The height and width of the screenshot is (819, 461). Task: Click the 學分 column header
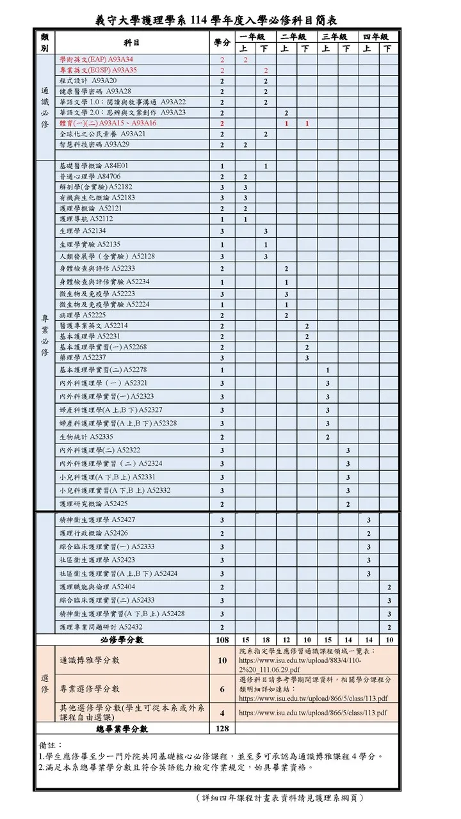click(222, 43)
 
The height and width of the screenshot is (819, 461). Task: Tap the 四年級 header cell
click(376, 37)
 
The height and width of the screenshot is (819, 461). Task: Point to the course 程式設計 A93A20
click(88, 81)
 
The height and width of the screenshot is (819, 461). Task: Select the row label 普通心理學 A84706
click(90, 177)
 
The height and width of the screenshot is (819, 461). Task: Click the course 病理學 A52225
click(83, 315)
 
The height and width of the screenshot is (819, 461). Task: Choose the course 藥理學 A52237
click(83, 357)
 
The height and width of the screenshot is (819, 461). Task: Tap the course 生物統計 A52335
click(86, 437)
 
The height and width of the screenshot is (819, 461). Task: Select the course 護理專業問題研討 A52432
click(101, 627)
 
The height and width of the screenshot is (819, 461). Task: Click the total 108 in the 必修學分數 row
click(222, 640)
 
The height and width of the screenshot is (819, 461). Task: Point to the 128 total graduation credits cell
click(222, 729)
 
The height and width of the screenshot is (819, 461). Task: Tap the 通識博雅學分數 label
click(90, 660)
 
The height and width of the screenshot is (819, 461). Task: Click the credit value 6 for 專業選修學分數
click(222, 689)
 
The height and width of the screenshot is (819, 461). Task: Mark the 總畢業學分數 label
click(122, 729)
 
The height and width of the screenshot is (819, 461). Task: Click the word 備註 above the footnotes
click(51, 745)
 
